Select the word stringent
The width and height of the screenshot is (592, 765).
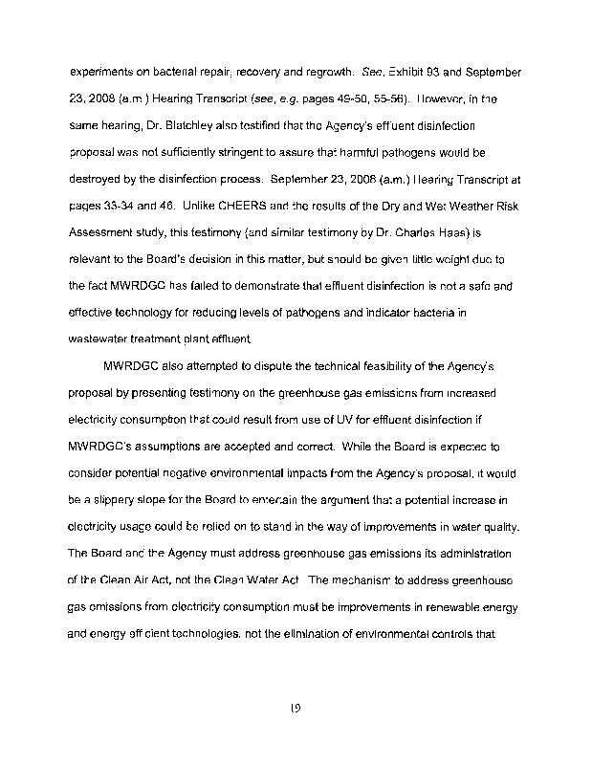[x=255, y=152]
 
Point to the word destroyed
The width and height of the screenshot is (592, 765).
[x=98, y=178]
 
